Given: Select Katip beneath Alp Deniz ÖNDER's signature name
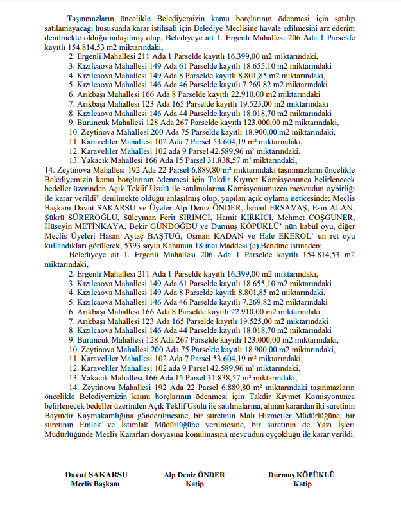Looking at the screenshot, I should [194, 484].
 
